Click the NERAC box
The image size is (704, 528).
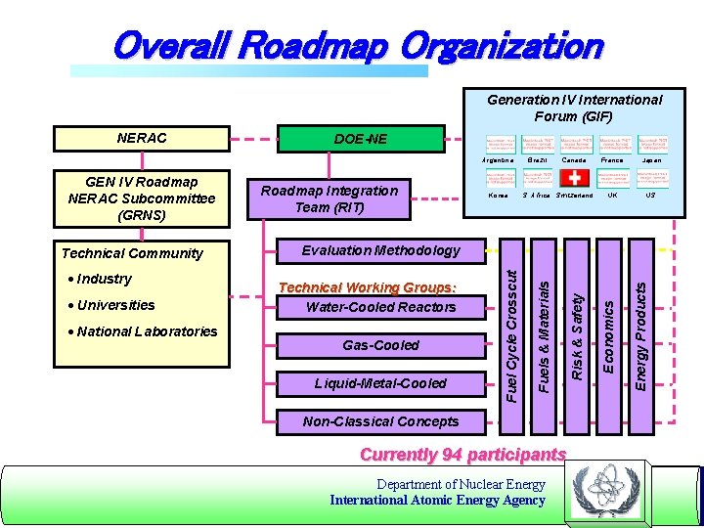tap(142, 138)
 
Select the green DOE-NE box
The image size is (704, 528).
tap(361, 139)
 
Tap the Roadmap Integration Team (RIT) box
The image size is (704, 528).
tap(329, 198)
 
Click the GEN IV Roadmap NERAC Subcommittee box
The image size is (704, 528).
tap(141, 198)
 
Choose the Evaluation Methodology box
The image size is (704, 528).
tap(380, 250)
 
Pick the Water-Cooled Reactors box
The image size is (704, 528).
tap(380, 307)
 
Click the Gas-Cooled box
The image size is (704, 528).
tap(380, 345)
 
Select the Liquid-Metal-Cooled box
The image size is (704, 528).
tap(380, 383)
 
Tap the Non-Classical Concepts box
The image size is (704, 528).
tap(380, 421)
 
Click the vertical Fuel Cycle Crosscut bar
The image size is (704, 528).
tap(512, 331)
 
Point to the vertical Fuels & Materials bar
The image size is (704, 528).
tap(544, 331)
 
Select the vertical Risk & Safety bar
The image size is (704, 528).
tap(577, 331)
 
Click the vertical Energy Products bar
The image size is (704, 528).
tap(641, 331)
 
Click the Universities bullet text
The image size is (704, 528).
tap(115, 305)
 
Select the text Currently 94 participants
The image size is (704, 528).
tap(463, 455)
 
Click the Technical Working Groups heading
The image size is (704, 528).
tap(368, 287)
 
